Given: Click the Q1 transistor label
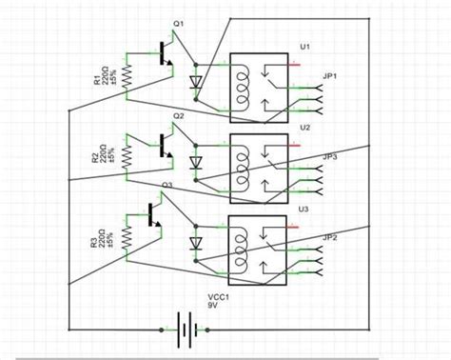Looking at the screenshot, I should point(178,23).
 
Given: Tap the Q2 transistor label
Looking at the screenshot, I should point(178,115).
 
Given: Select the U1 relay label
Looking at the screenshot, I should point(304,46).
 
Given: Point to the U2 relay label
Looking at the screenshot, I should point(304,127).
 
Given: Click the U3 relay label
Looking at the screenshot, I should point(304,209).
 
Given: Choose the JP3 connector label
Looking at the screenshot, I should point(330,156).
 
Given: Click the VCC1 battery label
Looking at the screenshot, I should point(219,296).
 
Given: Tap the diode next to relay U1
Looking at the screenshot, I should point(196,83).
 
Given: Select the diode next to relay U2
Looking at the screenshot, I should point(196,164).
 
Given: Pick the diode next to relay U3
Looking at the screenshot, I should point(196,244).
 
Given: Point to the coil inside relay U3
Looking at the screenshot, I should point(245,246).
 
